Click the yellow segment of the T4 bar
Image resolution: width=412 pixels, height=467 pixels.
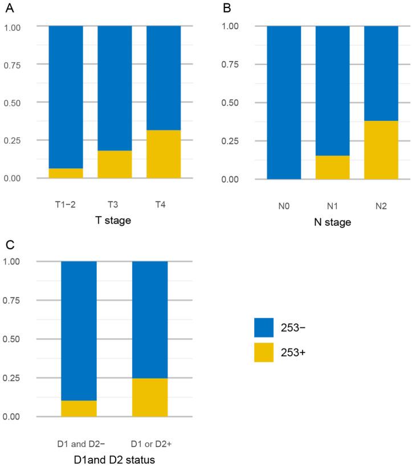[x=164, y=154]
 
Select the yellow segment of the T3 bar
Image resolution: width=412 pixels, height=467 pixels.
[x=115, y=164]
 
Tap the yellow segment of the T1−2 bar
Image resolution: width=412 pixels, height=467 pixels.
[x=66, y=173]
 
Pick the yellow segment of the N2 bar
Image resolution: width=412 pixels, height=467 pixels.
[x=381, y=149]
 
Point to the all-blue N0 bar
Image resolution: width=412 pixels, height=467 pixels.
[x=284, y=102]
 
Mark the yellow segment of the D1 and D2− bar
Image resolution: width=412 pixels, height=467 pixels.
[x=79, y=408]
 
